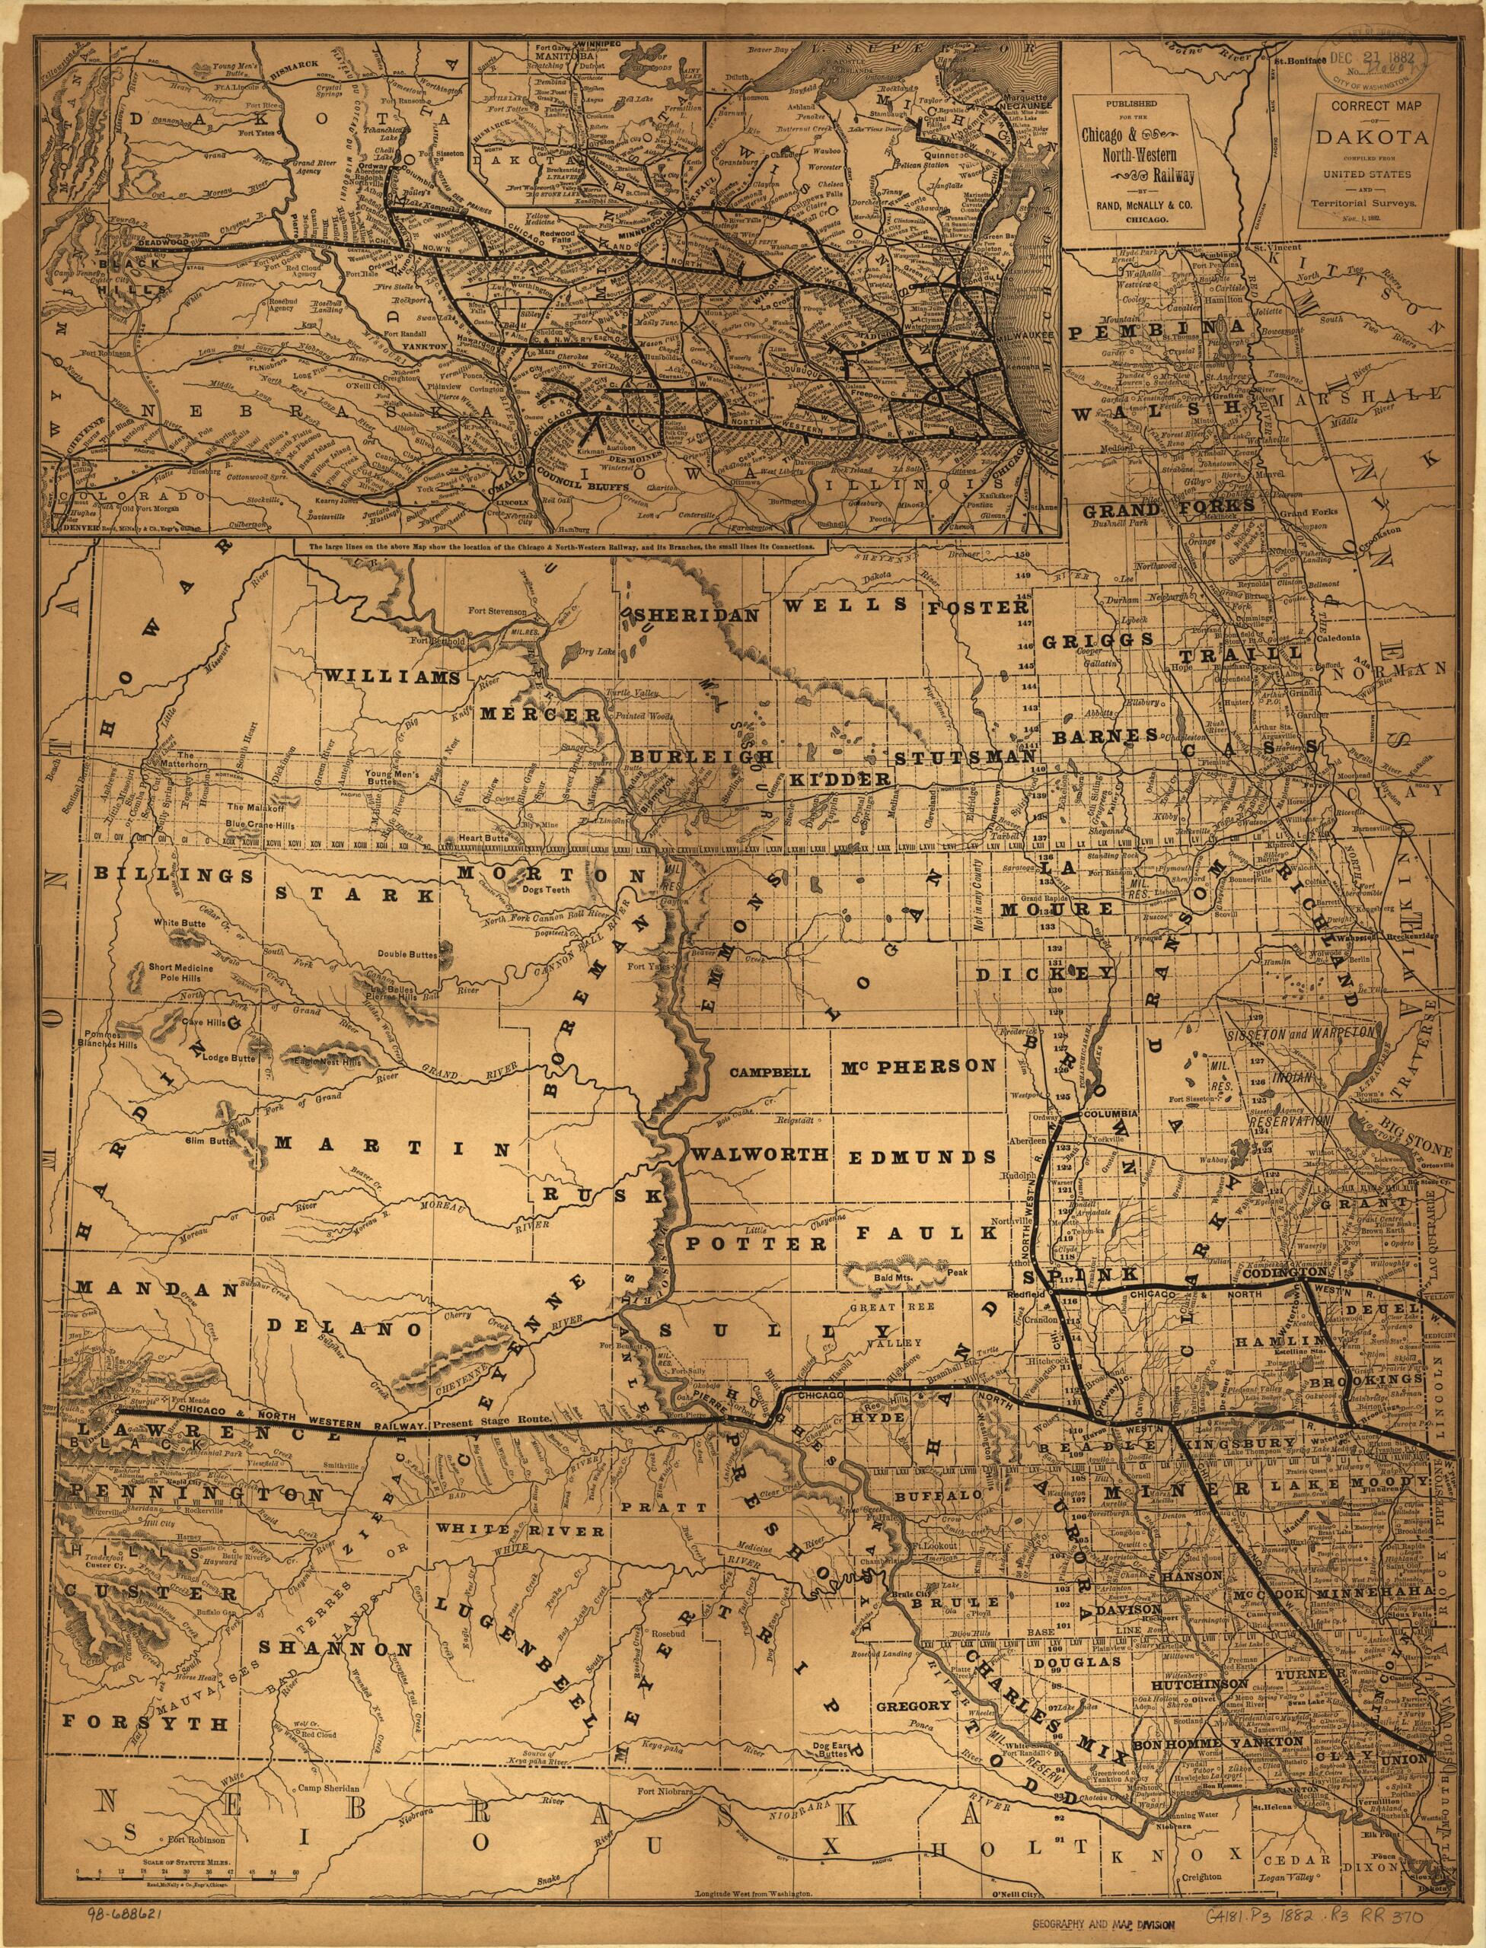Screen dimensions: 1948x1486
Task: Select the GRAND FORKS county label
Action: pos(1149,508)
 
